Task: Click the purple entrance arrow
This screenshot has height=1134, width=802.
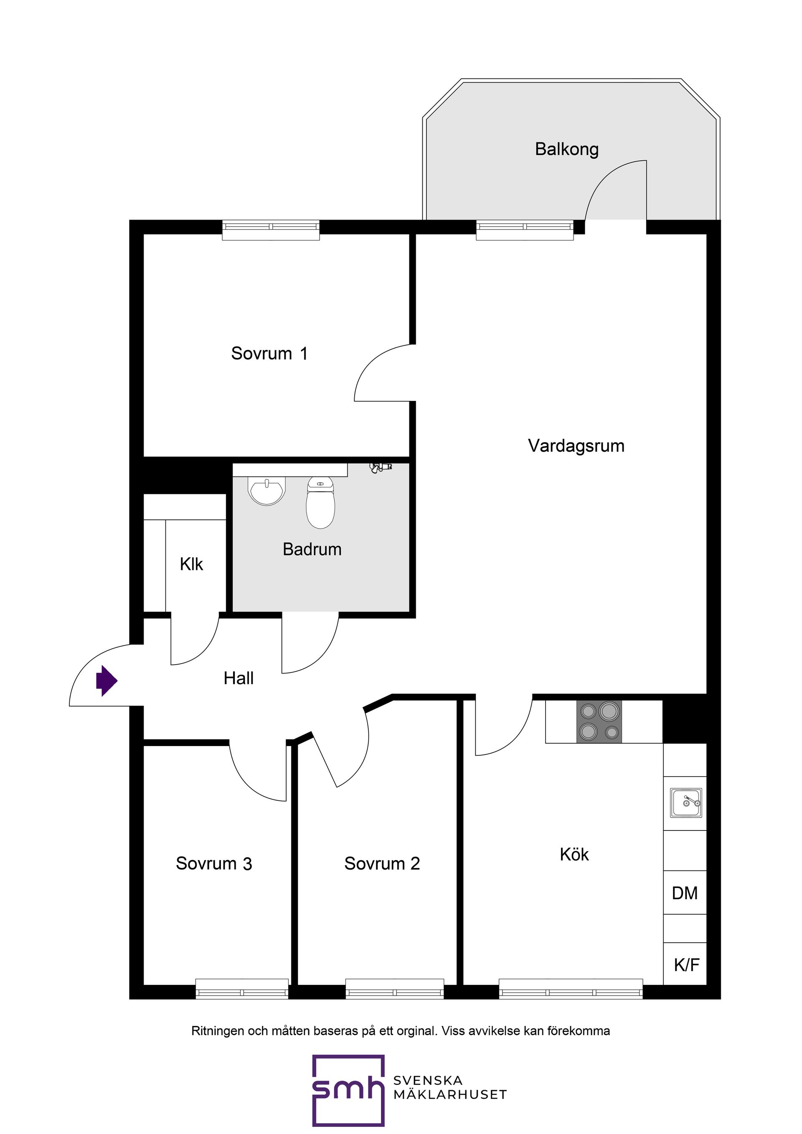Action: (x=106, y=681)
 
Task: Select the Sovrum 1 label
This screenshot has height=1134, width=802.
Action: (x=269, y=354)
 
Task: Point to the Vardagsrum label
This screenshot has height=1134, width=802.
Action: (x=576, y=446)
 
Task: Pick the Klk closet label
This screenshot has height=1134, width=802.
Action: (x=191, y=564)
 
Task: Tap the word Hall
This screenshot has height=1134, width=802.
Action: (x=238, y=678)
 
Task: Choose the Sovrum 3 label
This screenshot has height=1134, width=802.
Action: (x=214, y=863)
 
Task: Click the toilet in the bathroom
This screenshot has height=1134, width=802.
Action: (x=321, y=503)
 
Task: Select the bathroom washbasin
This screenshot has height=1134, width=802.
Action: (x=267, y=491)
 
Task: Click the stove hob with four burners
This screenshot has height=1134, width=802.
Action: (x=599, y=721)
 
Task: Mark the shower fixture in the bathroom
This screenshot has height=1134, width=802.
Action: (x=381, y=467)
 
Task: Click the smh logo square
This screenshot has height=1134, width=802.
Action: (x=348, y=1091)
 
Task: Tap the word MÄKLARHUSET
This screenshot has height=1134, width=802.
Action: (x=450, y=1095)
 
